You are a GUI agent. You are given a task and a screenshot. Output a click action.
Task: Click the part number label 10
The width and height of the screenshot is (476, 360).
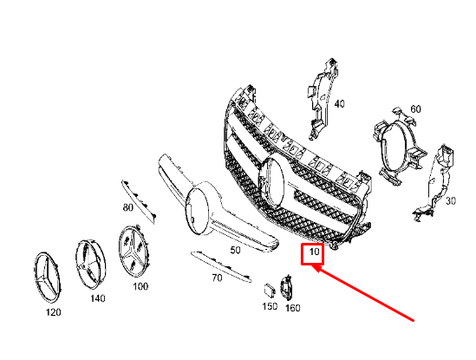click(312, 254)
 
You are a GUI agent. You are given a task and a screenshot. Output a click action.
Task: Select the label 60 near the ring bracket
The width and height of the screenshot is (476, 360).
click(415, 108)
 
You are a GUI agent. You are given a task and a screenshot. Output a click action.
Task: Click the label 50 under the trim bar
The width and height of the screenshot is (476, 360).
click(234, 250)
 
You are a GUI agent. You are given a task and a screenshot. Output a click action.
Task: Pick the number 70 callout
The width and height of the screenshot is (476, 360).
click(218, 278)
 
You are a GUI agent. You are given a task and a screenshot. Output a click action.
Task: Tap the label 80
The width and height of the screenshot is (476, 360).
click(128, 208)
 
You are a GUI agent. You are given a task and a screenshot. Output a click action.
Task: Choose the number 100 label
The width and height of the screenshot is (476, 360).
click(140, 285)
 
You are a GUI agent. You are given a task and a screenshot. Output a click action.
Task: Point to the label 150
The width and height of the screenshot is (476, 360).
click(270, 306)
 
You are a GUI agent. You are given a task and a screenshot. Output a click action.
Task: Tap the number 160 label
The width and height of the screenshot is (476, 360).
click(292, 307)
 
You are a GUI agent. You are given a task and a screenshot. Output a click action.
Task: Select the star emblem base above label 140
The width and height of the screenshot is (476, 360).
click(93, 263)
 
